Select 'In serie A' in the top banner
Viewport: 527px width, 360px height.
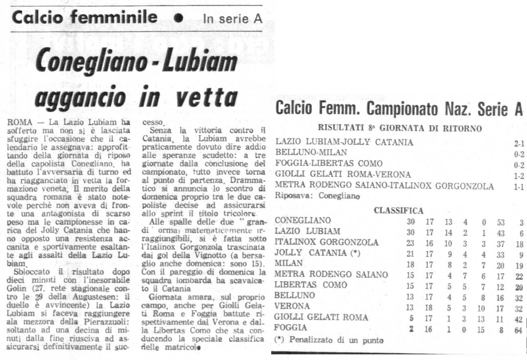(x=232, y=19)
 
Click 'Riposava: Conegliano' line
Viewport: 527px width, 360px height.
(x=316, y=197)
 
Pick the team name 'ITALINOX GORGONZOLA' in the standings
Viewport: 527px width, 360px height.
(x=326, y=243)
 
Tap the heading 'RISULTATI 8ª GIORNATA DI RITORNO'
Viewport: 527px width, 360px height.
(x=400, y=129)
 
